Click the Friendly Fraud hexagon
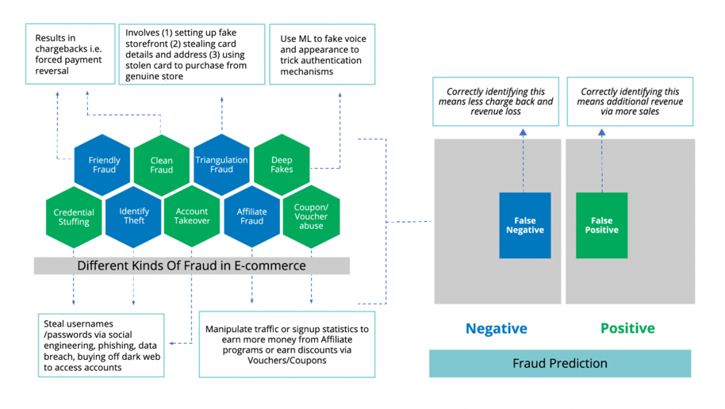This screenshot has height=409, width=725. (102, 165)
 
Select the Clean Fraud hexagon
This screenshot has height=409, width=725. (161, 165)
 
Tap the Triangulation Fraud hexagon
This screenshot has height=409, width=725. (221, 165)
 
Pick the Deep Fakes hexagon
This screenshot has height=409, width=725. (282, 165)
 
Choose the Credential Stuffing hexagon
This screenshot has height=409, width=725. (74, 216)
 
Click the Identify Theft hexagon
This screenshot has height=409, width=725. (133, 216)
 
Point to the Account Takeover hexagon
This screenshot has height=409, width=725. (192, 216)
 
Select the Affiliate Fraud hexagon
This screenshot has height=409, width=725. (252, 216)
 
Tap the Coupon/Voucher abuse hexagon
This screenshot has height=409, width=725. (311, 216)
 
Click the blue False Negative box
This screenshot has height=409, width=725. (525, 225)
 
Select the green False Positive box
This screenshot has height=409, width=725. (601, 225)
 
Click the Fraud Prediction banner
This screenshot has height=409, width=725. (560, 363)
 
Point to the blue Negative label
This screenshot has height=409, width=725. (496, 328)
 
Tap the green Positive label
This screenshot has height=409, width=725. (627, 328)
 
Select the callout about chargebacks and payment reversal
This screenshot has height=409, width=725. (71, 54)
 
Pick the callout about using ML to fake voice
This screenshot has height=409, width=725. (322, 55)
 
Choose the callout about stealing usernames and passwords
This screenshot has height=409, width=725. (102, 346)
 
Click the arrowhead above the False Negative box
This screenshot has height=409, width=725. (523, 132)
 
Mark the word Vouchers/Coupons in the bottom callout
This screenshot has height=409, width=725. (286, 361)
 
